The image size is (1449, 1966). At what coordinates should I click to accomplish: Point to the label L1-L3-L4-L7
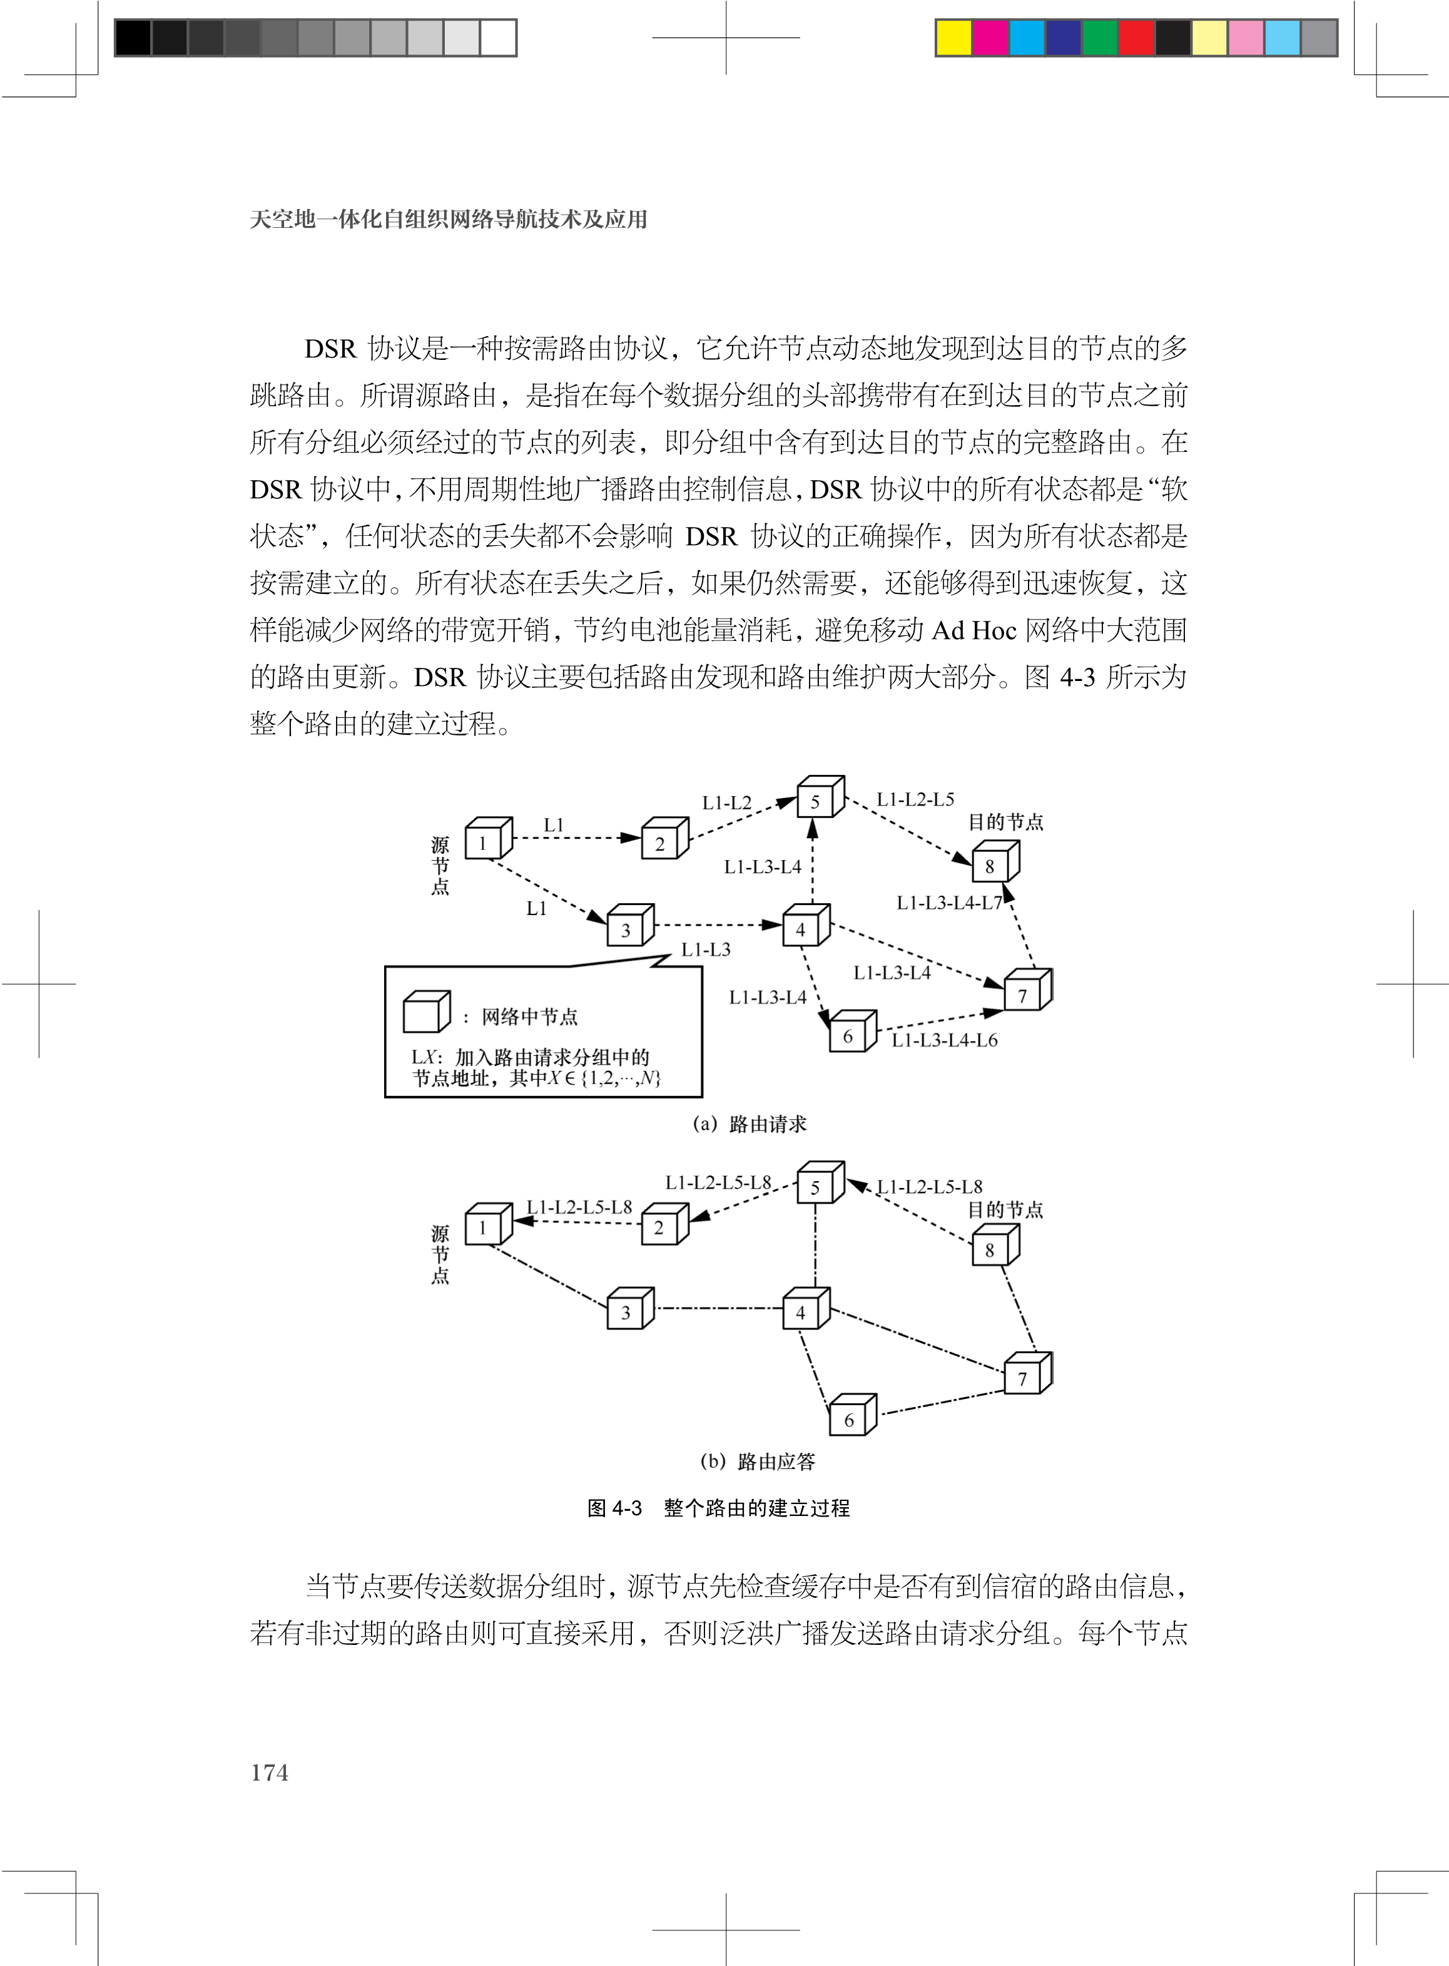click(x=948, y=903)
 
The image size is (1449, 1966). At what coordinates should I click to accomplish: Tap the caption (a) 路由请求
click(x=749, y=1124)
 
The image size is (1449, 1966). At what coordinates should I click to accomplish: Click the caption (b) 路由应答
click(x=758, y=1462)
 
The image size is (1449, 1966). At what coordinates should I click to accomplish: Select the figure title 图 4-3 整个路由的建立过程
click(x=718, y=1508)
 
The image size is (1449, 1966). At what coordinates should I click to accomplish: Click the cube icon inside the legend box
click(x=425, y=1012)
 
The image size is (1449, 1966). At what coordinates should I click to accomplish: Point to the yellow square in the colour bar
click(x=953, y=38)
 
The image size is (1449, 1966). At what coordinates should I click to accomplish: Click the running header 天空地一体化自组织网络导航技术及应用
click(x=448, y=219)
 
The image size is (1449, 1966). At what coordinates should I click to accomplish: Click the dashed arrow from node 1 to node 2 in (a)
click(x=574, y=838)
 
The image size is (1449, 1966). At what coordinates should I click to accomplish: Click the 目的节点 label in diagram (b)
click(x=1005, y=1210)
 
